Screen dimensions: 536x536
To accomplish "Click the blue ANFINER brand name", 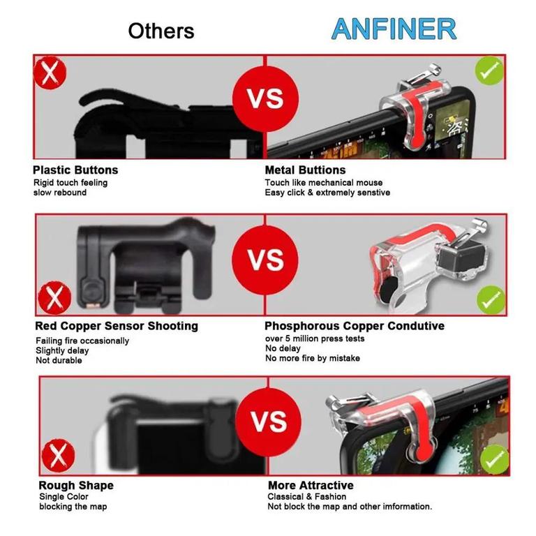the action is tap(394, 29).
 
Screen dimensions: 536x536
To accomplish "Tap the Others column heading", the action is tap(161, 31).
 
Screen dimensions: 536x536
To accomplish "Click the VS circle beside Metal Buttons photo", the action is tap(265, 99).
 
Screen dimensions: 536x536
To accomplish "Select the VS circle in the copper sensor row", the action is tap(265, 259).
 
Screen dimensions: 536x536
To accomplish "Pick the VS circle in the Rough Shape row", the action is tap(268, 422).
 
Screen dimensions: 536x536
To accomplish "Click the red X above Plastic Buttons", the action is tap(50, 73).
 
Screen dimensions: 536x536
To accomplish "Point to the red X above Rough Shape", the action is tap(58, 456).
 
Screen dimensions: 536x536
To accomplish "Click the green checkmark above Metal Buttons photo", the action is tap(489, 70).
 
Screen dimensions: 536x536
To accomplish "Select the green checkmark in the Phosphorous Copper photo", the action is tap(491, 300).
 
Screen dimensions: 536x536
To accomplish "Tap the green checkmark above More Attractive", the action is tap(495, 459).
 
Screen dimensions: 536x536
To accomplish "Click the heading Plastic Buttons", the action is tap(75, 170).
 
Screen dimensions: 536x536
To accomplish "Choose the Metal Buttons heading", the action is tap(305, 170).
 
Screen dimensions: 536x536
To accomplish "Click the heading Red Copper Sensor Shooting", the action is tap(117, 326).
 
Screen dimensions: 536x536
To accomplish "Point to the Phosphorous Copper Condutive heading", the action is tap(355, 326).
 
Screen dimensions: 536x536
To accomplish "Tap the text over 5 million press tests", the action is tap(315, 338).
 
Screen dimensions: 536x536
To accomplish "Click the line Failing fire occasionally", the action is tap(82, 341).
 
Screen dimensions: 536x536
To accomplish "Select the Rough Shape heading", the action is tap(76, 486).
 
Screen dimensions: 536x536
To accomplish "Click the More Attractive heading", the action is tap(311, 486).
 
